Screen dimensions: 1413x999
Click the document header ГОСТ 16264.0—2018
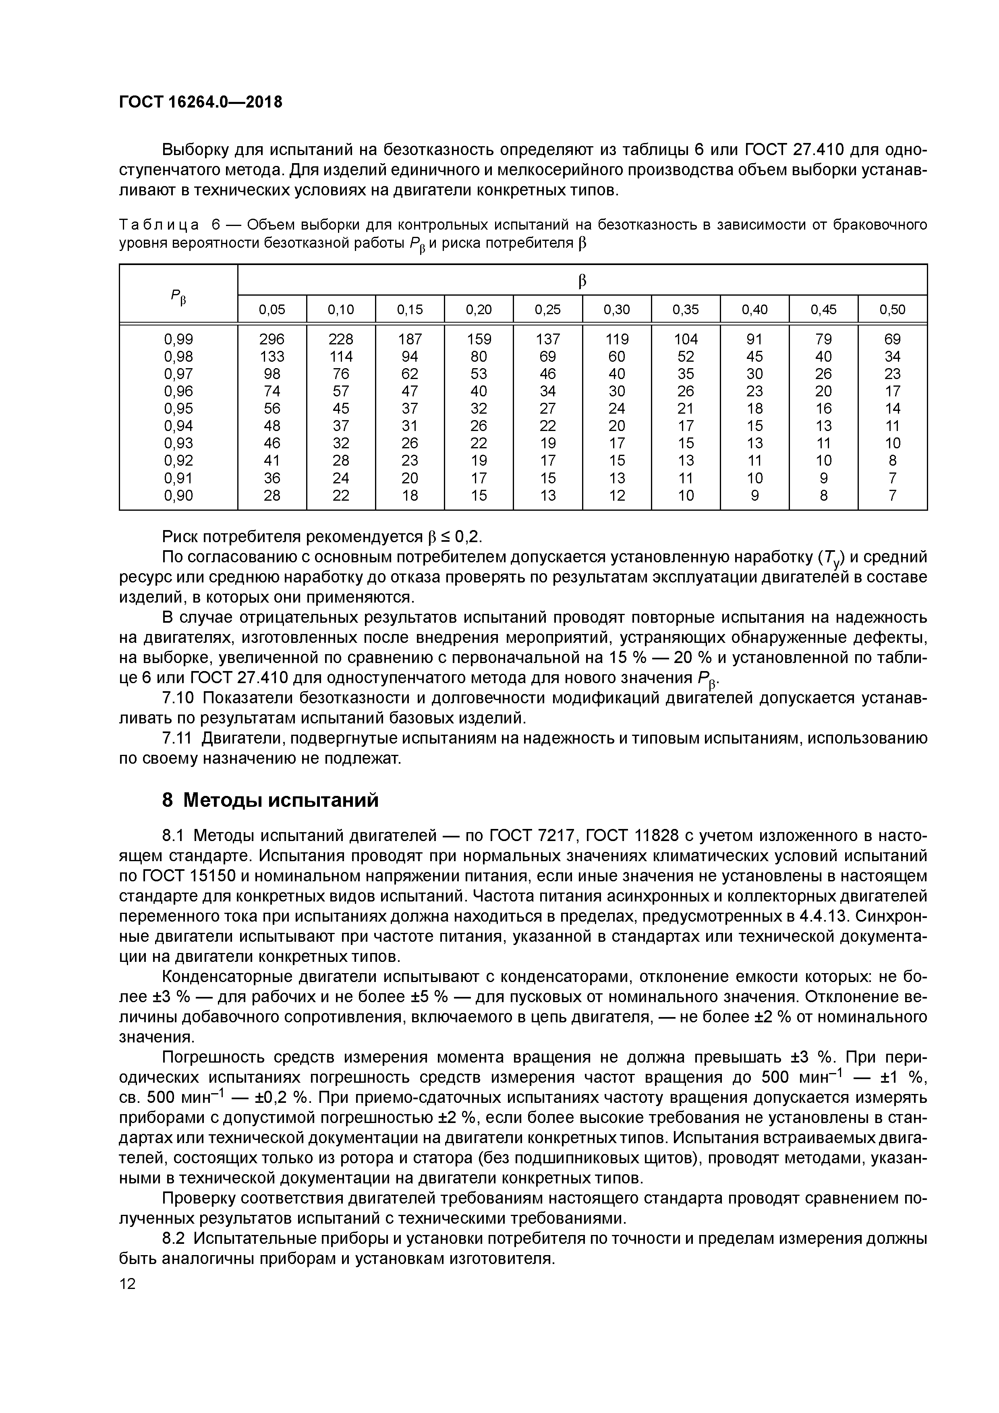[200, 102]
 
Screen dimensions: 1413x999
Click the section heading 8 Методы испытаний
[270, 800]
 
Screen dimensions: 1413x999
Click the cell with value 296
[272, 339]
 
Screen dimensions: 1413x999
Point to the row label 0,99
[178, 339]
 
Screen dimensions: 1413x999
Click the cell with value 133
[272, 356]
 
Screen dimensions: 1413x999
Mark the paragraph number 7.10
[178, 698]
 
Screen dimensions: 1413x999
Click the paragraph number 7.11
[178, 738]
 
